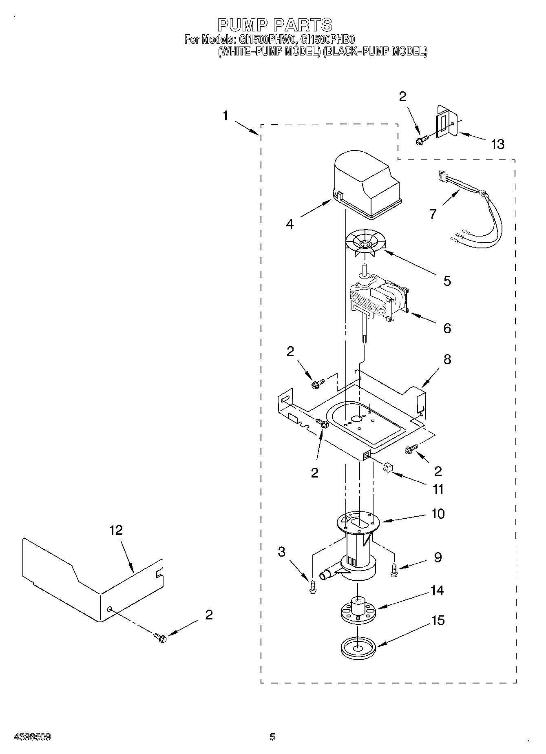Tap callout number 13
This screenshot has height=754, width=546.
click(x=497, y=144)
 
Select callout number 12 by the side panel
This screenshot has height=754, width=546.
click(x=116, y=530)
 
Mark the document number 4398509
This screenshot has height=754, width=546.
click(x=32, y=736)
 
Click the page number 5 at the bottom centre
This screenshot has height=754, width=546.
click(x=272, y=736)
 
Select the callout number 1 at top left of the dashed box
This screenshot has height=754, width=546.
click(x=225, y=116)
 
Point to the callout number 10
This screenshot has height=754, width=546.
click(x=438, y=513)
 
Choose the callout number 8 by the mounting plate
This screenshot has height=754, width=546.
click(x=447, y=359)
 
